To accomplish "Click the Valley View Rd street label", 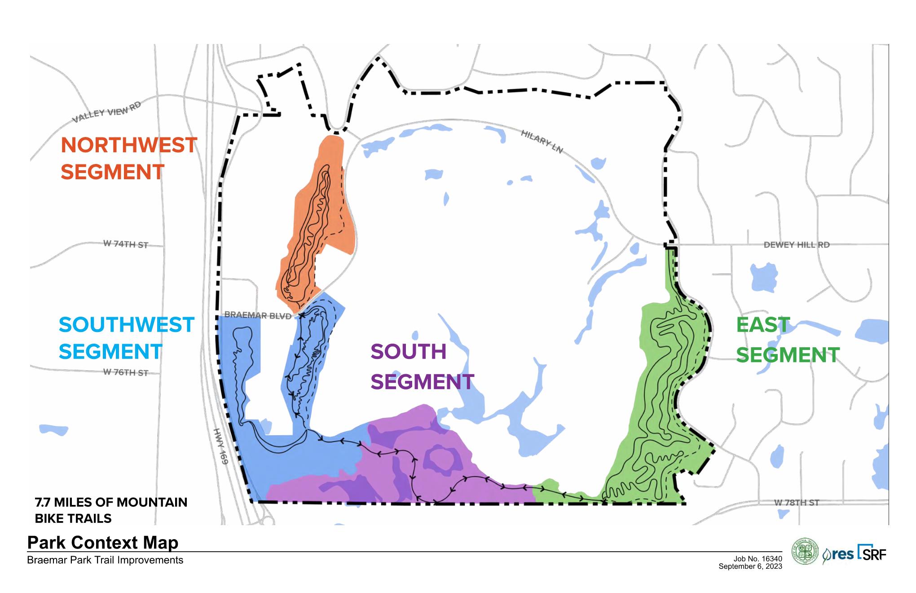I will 107,112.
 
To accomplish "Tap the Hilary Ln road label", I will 542,142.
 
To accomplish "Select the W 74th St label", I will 126,244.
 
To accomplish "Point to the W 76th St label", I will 126,372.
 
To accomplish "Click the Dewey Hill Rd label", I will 797,245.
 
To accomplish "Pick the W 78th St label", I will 797,502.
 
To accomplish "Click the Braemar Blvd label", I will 258,315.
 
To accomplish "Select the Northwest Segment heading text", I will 128,159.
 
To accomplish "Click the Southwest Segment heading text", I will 126,338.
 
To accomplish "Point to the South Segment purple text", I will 422,367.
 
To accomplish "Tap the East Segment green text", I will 787,340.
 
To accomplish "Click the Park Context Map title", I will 103,542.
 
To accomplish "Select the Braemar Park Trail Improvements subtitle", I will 105,560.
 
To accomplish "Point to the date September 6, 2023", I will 750,566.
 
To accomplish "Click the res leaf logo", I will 838,555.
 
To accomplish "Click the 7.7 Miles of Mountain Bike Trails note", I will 111,510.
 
